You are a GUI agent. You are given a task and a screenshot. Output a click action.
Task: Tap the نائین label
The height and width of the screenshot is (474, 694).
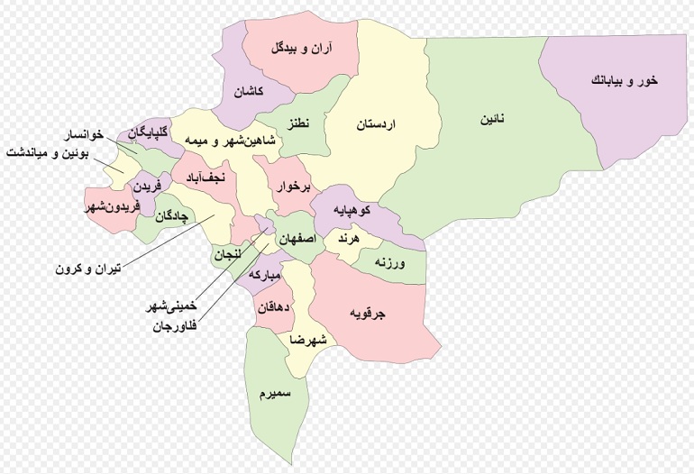[490, 119]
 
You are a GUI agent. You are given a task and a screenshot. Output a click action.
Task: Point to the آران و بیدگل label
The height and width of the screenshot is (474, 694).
[301, 48]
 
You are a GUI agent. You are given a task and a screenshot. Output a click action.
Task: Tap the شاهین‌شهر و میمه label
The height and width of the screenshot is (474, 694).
[222, 142]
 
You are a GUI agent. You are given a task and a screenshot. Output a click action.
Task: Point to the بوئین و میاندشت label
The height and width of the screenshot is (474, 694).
[50, 152]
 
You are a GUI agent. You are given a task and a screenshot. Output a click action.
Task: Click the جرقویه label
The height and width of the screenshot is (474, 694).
[368, 314]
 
